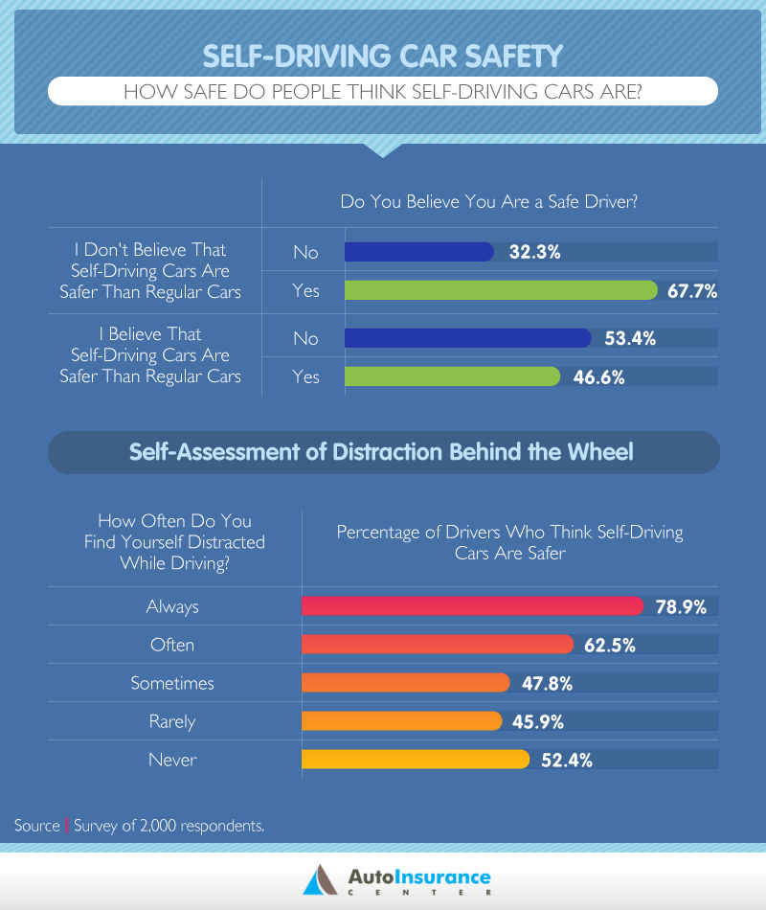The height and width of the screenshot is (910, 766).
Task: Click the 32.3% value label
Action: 534,252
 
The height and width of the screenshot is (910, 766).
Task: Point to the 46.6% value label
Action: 599,376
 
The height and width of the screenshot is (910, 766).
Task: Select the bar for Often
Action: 437,645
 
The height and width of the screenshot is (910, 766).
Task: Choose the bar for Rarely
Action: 401,721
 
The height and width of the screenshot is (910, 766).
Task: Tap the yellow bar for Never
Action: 415,760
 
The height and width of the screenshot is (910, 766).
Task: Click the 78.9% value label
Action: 680,606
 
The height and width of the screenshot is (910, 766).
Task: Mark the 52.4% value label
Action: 566,760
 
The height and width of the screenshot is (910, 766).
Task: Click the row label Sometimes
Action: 172,683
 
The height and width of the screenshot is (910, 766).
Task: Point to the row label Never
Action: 172,760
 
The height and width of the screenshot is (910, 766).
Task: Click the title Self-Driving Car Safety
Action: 382,56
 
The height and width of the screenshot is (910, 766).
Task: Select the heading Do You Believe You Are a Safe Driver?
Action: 489,202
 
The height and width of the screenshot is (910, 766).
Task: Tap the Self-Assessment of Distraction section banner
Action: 382,451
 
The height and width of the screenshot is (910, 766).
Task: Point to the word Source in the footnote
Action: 37,825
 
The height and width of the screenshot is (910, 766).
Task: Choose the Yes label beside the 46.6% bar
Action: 305,376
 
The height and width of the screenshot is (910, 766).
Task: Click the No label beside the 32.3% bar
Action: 305,252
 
